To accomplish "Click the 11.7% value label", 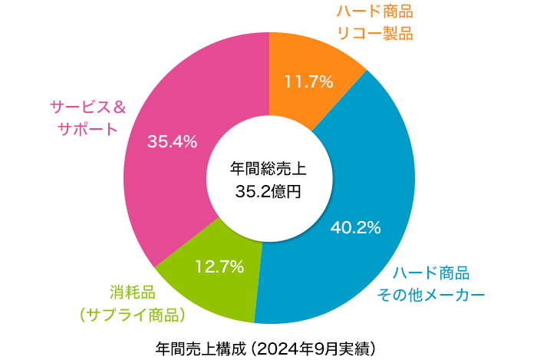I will point(308,82).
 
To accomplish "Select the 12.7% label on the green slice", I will point(219,267).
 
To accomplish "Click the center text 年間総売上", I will point(268,168).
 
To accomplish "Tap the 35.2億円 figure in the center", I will point(268,191).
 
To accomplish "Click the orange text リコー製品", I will point(375,33).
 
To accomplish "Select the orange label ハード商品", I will point(375,12).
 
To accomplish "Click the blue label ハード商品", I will point(430,273).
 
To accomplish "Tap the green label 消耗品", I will point(132,292).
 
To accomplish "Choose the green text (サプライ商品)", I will point(133,314).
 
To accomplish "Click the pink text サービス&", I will point(87,106).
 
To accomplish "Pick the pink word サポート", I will point(87,128).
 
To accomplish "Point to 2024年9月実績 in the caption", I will point(315,346).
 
